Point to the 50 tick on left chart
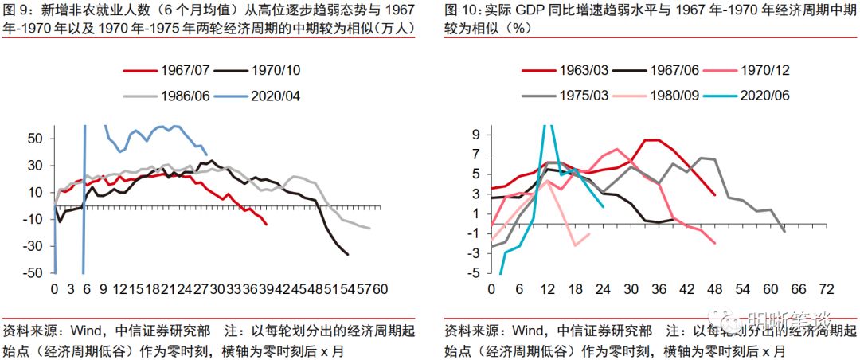click(35, 139)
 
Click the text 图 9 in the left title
click(17, 12)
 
